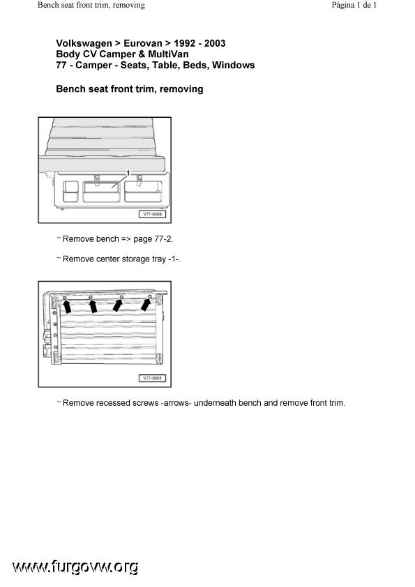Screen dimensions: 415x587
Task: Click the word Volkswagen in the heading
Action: (x=84, y=43)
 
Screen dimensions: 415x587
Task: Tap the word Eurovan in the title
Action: (x=143, y=43)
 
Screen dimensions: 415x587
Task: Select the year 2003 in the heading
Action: (x=215, y=43)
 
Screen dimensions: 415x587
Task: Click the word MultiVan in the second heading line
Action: (x=168, y=54)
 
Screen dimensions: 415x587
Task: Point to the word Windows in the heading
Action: (x=234, y=65)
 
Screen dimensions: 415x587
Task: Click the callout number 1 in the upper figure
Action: (x=128, y=173)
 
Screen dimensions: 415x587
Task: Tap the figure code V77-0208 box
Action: (x=152, y=214)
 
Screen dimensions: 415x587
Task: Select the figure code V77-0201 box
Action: (x=152, y=378)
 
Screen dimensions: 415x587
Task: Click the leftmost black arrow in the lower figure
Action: (x=67, y=307)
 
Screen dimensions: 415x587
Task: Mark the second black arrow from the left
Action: (x=93, y=306)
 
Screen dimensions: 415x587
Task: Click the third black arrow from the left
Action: (x=118, y=305)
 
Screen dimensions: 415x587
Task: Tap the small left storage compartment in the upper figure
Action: (x=70, y=192)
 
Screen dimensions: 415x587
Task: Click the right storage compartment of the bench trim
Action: (x=143, y=192)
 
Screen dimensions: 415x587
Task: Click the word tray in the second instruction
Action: (x=158, y=259)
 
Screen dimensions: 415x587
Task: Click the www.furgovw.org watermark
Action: (x=75, y=567)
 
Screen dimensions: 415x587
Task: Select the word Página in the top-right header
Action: (x=343, y=6)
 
